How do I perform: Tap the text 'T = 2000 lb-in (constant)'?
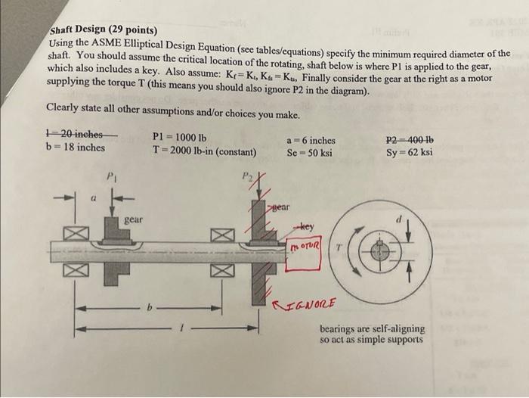click(204, 151)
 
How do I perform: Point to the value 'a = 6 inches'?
click(311, 140)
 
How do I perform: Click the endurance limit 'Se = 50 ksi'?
click(309, 152)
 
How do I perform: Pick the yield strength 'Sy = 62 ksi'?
click(409, 151)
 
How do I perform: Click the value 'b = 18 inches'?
click(76, 147)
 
